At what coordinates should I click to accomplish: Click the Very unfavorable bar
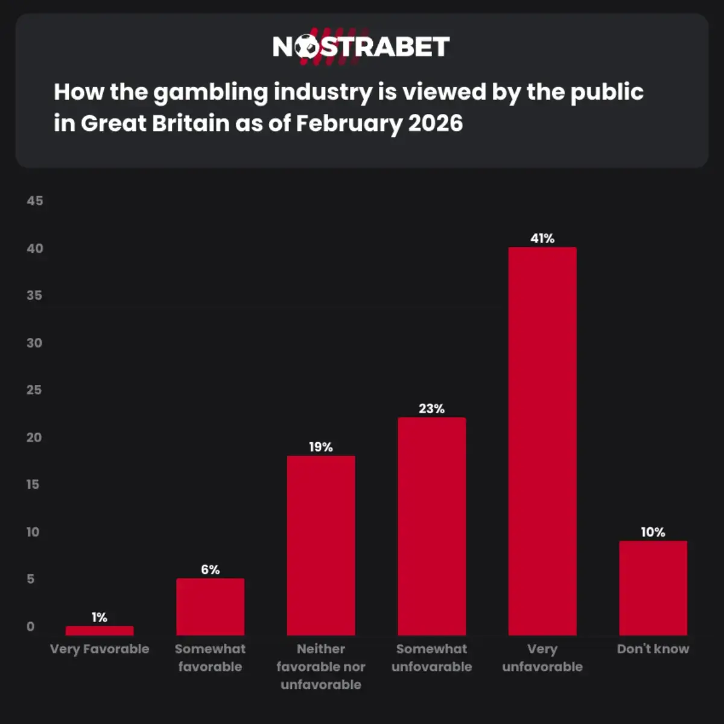[x=542, y=440]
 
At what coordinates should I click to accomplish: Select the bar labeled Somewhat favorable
[x=210, y=606]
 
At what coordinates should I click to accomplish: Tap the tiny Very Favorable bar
[x=100, y=630]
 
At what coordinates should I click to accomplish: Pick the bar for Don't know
[x=653, y=588]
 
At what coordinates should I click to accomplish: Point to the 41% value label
[x=542, y=238]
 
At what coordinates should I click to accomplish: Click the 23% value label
[x=431, y=408]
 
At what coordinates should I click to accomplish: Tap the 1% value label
[x=100, y=617]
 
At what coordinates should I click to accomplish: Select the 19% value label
[x=321, y=447]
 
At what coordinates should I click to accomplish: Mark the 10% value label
[x=653, y=532]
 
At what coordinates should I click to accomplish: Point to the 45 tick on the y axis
[x=35, y=201]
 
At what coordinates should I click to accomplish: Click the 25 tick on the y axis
[x=35, y=390]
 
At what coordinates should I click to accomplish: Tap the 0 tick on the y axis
[x=31, y=627]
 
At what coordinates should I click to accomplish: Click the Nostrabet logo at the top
[x=361, y=46]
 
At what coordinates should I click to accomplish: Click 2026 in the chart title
[x=435, y=124]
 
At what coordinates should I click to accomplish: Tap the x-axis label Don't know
[x=653, y=649]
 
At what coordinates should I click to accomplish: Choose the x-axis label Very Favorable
[x=100, y=649]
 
